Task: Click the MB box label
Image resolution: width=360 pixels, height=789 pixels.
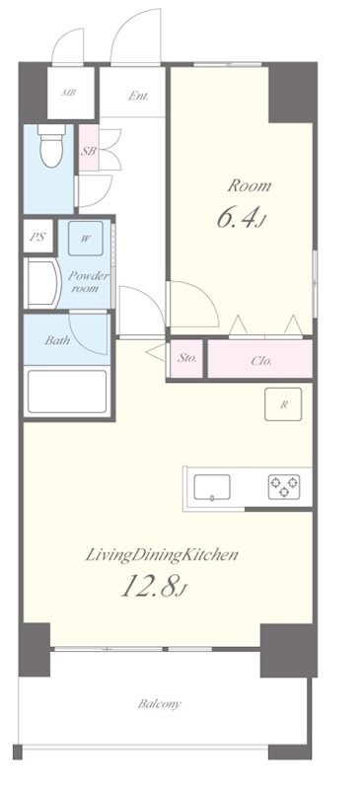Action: (69, 94)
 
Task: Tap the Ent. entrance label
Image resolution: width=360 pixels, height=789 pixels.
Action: (138, 96)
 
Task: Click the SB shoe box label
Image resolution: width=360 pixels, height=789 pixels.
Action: (88, 151)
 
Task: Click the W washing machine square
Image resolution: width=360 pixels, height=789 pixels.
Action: (87, 237)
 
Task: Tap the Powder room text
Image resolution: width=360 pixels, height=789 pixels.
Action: (87, 283)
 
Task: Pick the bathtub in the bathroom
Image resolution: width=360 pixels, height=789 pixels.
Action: (66, 392)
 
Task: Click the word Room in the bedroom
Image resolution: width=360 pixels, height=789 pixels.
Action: (249, 185)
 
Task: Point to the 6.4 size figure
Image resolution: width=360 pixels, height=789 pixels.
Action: (238, 219)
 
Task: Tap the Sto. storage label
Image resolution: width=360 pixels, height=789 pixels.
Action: (186, 360)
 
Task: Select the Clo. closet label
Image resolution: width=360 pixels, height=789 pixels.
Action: (261, 361)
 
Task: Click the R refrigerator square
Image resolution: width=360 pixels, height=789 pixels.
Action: (283, 405)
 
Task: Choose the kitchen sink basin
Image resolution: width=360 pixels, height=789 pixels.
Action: (212, 486)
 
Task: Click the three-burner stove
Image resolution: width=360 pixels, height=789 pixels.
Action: (284, 486)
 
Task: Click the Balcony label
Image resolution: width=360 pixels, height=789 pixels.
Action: (159, 704)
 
